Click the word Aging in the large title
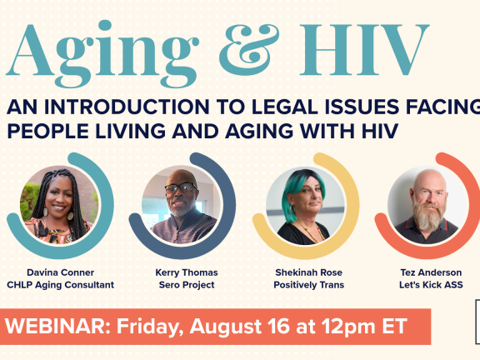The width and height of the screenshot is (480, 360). pyautogui.click(x=93, y=52)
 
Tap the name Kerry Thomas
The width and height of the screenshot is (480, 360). pyautogui.click(x=181, y=272)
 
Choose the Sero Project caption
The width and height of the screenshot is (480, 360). pyautogui.click(x=181, y=285)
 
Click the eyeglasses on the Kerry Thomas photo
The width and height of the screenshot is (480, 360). pyautogui.click(x=180, y=188)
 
